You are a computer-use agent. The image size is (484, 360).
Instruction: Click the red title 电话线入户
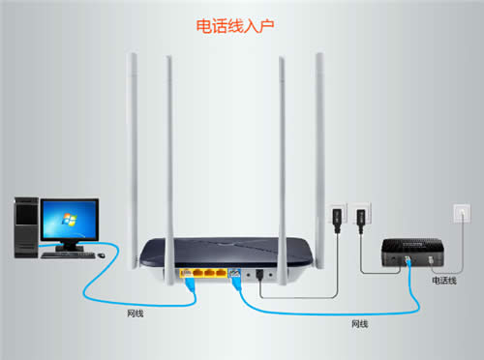(242, 23)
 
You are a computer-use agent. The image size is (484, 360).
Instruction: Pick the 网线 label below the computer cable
(137, 315)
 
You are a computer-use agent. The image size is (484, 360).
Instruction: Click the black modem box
(409, 254)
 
